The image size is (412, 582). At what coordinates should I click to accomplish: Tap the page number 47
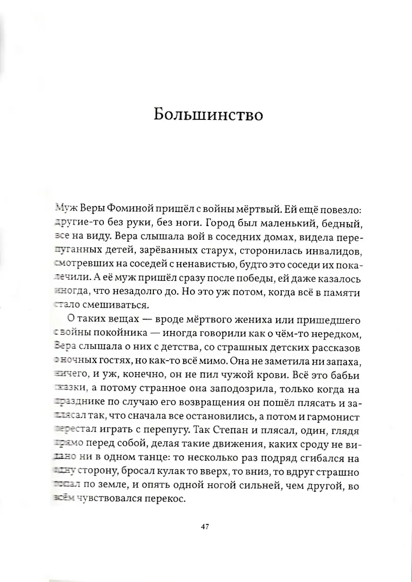tap(204, 527)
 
